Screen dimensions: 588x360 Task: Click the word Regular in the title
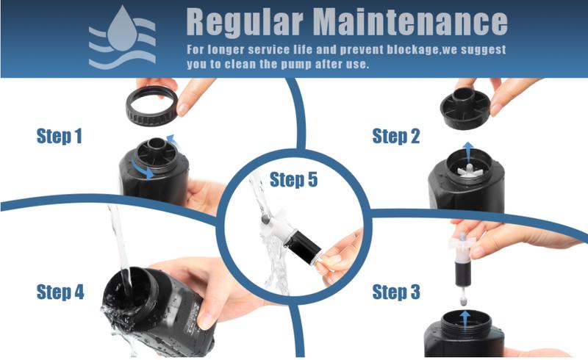coord(245,22)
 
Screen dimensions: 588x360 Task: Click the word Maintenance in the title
coord(410,22)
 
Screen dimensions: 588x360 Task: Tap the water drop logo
coord(122,37)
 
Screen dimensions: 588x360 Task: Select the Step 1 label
coord(60,136)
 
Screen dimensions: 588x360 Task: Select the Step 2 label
coord(395,136)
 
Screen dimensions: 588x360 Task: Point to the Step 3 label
coord(396,292)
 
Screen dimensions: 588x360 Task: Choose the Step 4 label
coord(60,292)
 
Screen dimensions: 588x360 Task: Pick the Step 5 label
coord(293,179)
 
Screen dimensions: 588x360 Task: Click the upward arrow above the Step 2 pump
coord(467,151)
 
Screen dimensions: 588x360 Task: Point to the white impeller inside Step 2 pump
coord(470,171)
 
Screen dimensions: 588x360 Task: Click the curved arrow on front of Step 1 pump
coord(143,171)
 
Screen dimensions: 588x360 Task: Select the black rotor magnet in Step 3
coord(462,273)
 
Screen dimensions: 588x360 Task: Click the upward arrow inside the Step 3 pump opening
coord(465,320)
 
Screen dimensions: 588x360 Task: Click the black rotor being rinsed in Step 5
coord(302,248)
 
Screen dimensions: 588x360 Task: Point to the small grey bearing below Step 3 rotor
coord(463,300)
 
